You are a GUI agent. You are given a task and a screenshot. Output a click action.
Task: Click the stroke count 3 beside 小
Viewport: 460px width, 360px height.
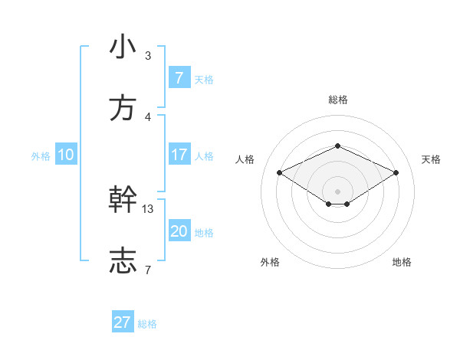pos(148,56)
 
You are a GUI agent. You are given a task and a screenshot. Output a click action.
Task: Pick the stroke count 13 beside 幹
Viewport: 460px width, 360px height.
pos(148,208)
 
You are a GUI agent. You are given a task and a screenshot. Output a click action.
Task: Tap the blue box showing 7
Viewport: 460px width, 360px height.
pos(179,78)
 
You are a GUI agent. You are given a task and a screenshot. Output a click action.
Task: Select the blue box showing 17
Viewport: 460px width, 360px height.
pos(179,155)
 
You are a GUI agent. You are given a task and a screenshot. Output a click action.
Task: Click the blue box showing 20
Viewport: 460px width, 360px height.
pos(179,231)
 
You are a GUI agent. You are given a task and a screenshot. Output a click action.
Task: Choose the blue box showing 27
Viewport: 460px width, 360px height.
pos(123,322)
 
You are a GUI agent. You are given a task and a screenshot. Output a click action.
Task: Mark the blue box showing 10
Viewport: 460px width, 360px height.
pos(66,155)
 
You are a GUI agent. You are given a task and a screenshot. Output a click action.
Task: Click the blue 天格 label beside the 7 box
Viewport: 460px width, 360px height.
pos(204,80)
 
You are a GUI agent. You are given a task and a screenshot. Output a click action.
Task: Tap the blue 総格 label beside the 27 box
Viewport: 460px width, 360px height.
pos(147,324)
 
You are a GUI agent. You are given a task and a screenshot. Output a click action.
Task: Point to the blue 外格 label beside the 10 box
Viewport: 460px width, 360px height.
pos(41,156)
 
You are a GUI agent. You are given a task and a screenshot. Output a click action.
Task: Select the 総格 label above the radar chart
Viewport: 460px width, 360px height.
pos(337,100)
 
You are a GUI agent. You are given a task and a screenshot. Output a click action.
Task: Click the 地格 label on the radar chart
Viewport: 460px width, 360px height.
pos(402,262)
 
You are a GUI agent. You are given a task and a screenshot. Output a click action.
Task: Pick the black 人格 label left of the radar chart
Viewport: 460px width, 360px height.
pos(245,159)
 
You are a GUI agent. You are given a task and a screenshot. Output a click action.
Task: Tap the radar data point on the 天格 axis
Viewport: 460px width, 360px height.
pos(396,173)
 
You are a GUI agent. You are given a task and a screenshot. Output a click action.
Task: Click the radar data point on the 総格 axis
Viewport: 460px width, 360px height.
pos(337,146)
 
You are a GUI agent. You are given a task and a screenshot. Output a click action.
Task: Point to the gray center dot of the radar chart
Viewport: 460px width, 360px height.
pos(337,191)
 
